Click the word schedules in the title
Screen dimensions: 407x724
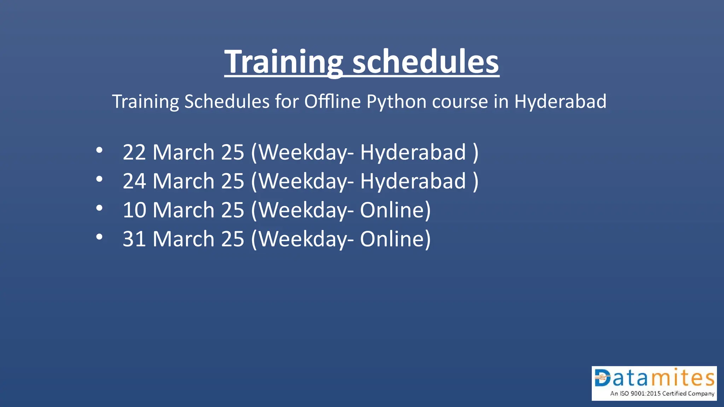coord(426,62)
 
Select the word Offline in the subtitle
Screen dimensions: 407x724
coord(332,102)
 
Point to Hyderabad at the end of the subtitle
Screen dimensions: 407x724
coord(560,102)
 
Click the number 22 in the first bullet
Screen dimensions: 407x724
coord(134,153)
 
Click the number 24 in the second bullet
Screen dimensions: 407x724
coord(134,182)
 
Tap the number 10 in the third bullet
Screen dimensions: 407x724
coord(134,211)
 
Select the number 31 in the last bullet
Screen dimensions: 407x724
coord(134,239)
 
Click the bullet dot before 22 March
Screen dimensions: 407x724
coord(99,151)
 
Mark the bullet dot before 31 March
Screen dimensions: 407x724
coord(99,237)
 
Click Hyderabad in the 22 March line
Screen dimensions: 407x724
coord(413,153)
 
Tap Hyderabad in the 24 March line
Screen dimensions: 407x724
coord(413,182)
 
